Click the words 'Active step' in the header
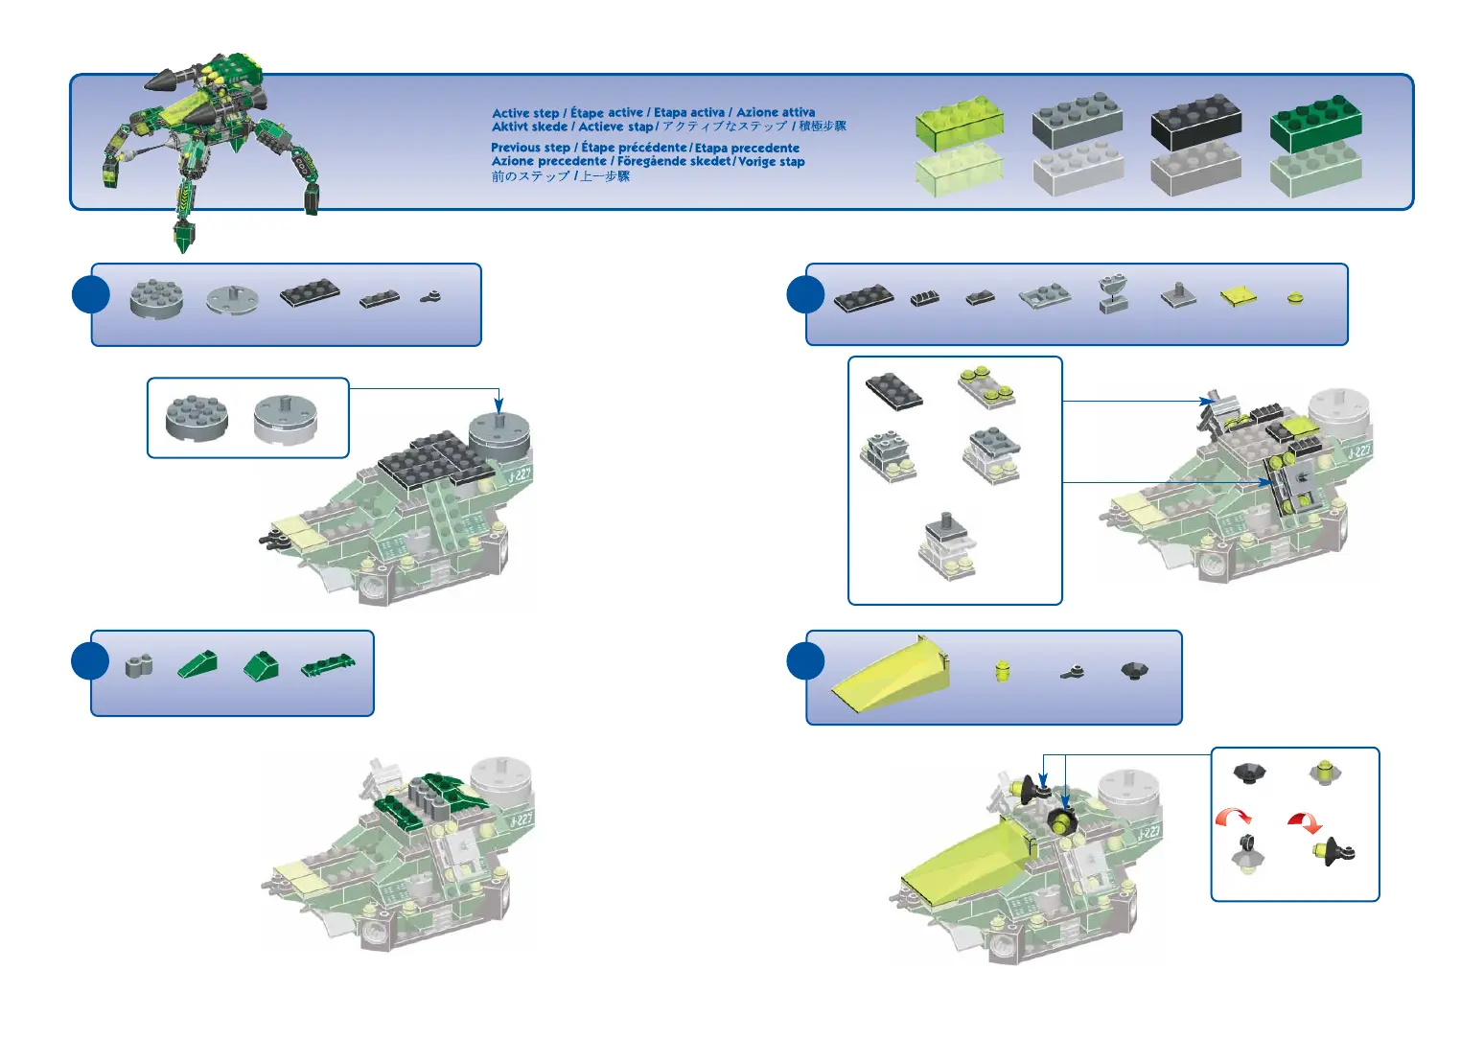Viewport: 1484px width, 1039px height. [x=525, y=113]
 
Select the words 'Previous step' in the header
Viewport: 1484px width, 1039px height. [x=530, y=148]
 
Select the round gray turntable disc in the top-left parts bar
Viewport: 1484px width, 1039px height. [x=232, y=299]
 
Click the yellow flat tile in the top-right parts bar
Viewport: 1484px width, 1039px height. [x=1238, y=297]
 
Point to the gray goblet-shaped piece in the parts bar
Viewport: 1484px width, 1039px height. [x=1113, y=293]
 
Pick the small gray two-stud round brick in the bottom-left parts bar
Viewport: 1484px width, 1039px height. [x=139, y=664]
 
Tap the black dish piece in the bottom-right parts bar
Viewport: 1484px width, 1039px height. [x=1134, y=669]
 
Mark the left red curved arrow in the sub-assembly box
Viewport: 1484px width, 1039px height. [x=1234, y=817]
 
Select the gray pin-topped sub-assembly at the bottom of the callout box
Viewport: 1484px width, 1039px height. [x=947, y=546]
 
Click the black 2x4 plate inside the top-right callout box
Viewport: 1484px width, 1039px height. [x=893, y=390]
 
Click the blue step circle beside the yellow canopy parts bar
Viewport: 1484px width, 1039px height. [x=805, y=661]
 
